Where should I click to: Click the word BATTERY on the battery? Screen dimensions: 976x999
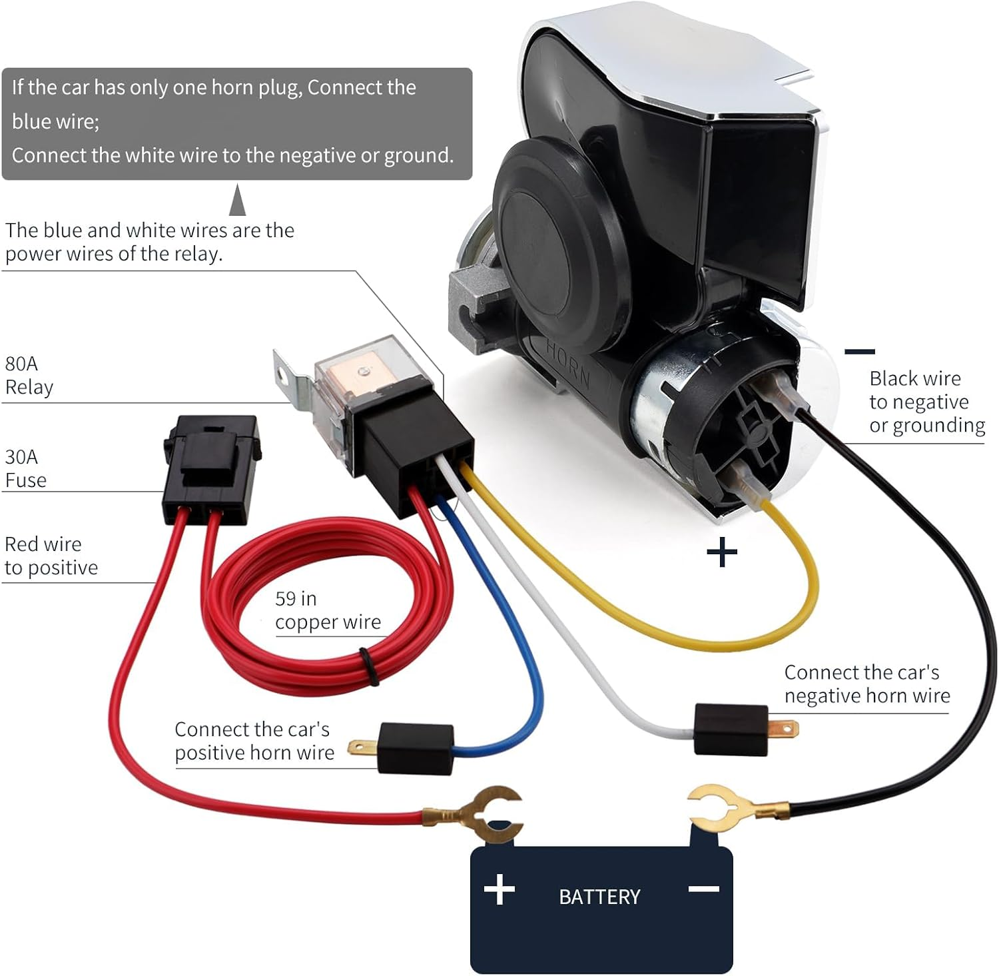(x=599, y=897)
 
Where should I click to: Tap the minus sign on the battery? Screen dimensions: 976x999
(x=703, y=889)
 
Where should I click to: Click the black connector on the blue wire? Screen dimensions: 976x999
(x=415, y=748)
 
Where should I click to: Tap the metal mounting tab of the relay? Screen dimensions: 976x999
(x=291, y=377)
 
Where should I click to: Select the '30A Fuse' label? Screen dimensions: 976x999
(x=26, y=468)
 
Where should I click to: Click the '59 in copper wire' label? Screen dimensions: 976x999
(x=328, y=610)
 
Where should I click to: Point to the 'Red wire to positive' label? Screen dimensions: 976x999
(x=51, y=556)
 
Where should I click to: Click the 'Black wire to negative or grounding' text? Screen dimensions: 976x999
(x=926, y=402)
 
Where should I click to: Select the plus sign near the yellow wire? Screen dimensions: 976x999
(x=722, y=552)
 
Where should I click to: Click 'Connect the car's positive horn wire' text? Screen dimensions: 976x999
(x=254, y=741)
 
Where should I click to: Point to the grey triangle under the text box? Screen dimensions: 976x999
(x=237, y=201)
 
